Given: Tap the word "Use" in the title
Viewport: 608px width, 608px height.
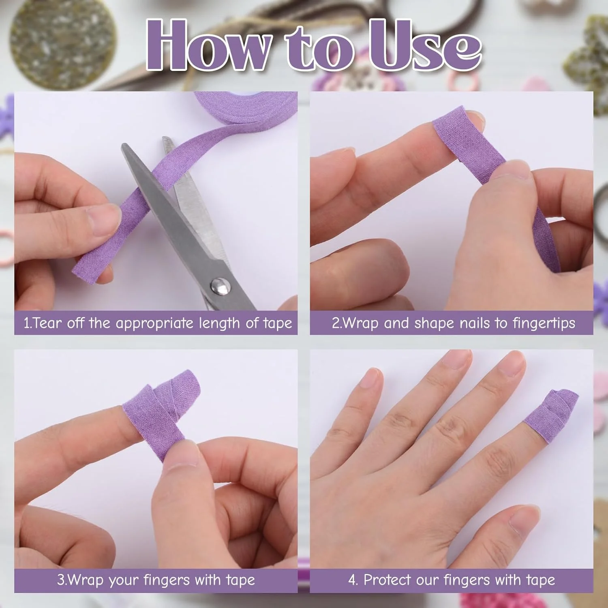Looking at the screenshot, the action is (425, 45).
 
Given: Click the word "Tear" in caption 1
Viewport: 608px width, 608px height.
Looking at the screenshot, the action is (48, 323).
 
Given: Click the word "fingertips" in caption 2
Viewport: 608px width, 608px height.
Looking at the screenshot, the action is (544, 323).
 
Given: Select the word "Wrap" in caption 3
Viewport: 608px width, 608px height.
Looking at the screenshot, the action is (85, 580).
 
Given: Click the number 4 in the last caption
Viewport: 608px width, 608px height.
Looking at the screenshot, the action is (353, 580).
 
